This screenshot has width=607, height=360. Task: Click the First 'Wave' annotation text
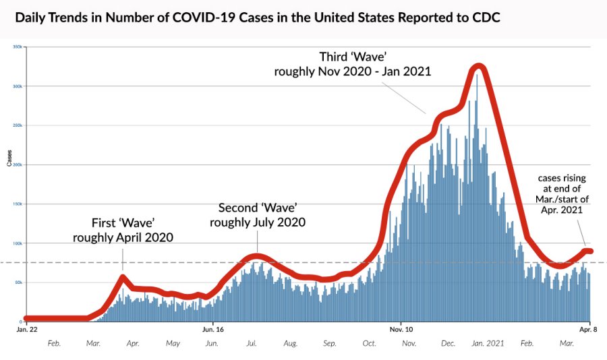coord(123,230)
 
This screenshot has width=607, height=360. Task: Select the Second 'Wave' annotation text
coord(258,214)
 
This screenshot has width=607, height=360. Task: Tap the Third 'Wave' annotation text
coord(352,63)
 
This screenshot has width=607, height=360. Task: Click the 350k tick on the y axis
coord(18,47)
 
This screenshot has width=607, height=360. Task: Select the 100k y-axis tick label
coord(18,243)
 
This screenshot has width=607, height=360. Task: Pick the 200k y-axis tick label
coord(18,164)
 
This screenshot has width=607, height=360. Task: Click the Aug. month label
coord(291,343)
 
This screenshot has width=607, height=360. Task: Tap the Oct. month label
coord(369,343)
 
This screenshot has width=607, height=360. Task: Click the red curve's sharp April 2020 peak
coord(122,276)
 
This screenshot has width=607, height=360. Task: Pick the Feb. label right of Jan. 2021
coord(527,343)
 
